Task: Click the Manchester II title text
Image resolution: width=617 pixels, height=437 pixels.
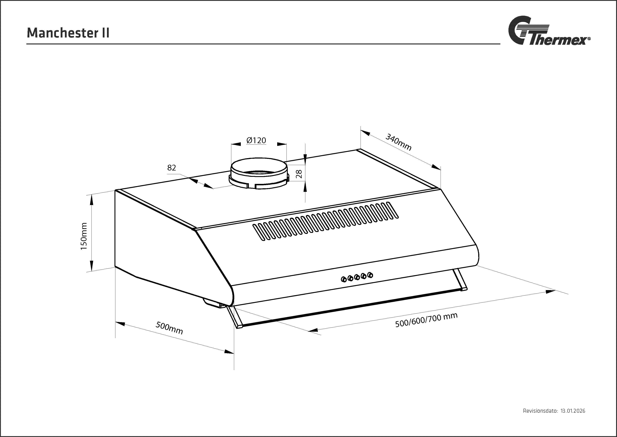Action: click(x=68, y=33)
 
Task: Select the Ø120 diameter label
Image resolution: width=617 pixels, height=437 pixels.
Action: click(x=256, y=140)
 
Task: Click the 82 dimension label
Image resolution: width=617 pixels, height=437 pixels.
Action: click(x=171, y=168)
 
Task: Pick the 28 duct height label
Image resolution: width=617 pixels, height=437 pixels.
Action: click(x=299, y=174)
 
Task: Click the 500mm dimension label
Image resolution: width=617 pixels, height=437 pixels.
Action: click(x=169, y=328)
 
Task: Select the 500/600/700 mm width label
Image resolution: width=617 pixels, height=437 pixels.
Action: click(x=426, y=320)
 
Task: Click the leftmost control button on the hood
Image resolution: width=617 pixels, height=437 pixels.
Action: click(x=344, y=280)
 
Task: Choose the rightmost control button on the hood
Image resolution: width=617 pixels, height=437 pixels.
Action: click(x=370, y=275)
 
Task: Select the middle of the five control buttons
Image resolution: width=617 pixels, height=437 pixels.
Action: click(x=357, y=277)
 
